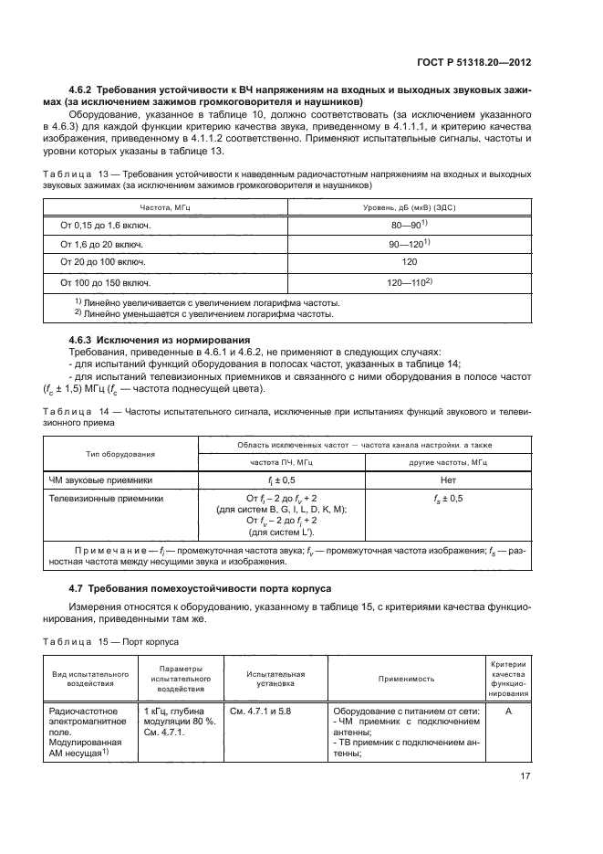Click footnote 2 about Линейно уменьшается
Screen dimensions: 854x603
204,314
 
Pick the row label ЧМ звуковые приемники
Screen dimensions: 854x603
100,480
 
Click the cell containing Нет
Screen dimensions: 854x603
447,480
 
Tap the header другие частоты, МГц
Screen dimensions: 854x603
447,463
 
